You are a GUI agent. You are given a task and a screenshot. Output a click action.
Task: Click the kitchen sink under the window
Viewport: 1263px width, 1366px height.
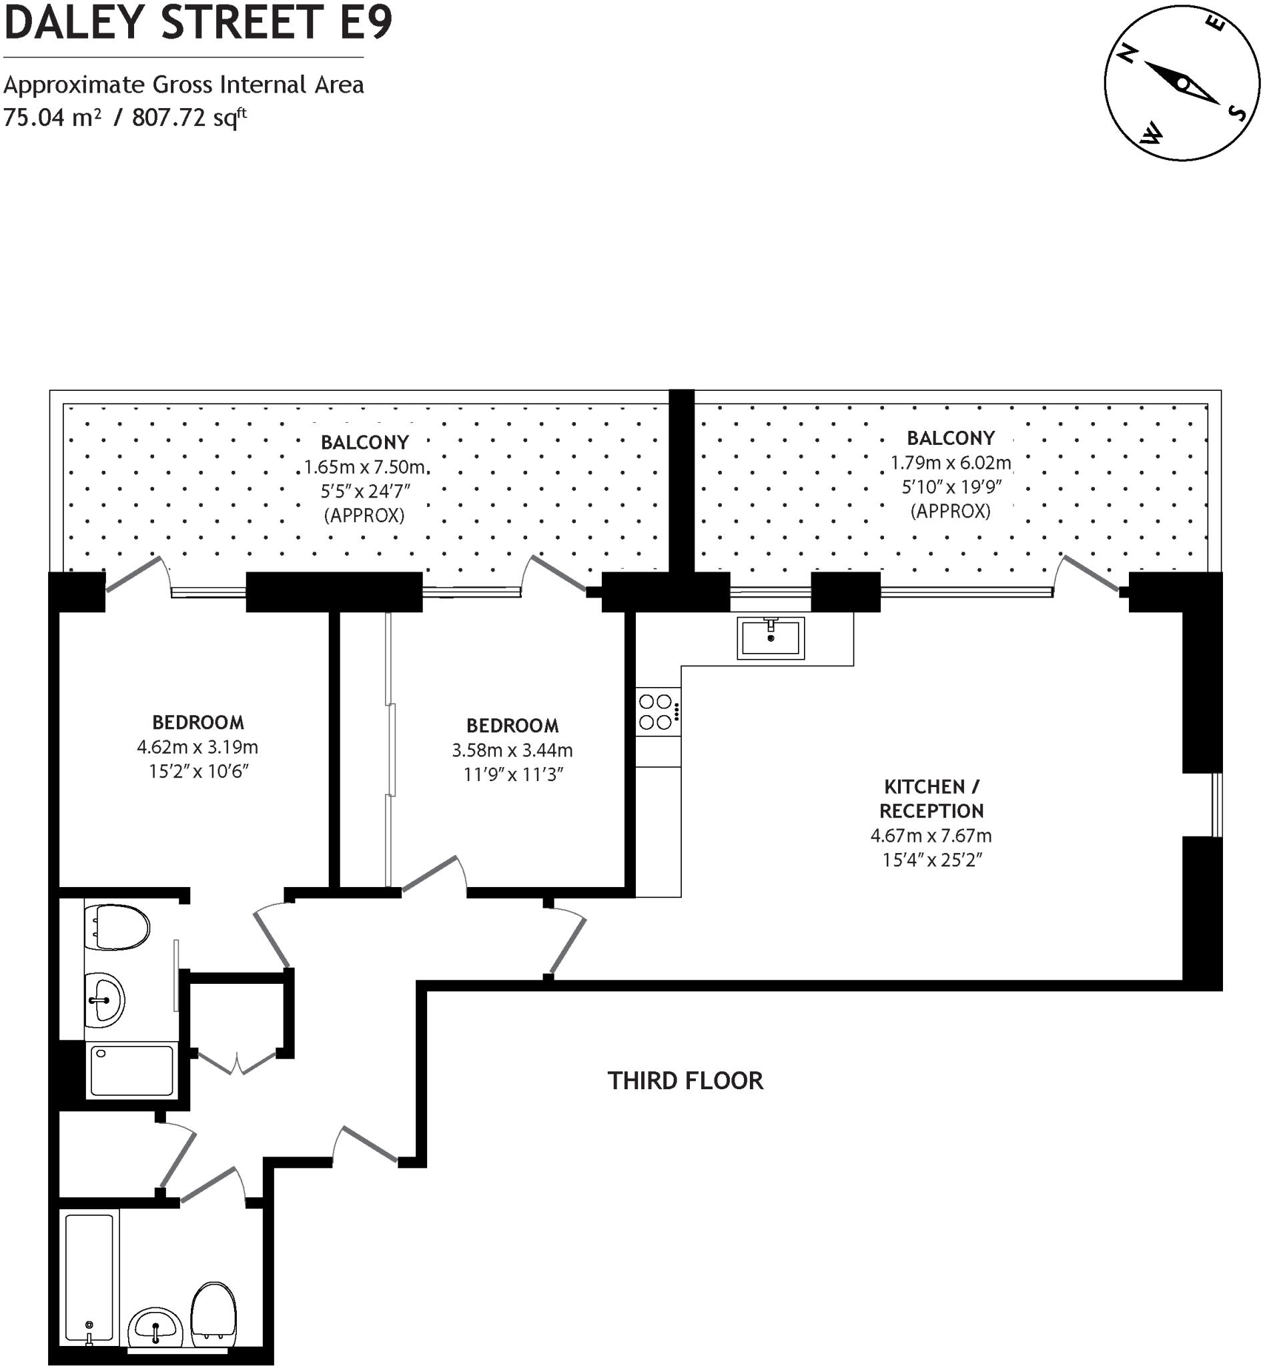tap(770, 638)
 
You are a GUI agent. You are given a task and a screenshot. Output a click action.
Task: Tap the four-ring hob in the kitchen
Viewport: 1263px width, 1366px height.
tap(656, 712)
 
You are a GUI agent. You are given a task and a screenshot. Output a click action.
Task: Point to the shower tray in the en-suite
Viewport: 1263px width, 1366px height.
tap(131, 1071)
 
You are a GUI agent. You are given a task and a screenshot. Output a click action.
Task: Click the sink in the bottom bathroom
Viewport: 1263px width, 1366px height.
tap(157, 1328)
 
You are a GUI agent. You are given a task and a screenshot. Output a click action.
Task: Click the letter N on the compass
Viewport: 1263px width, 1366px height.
tap(1126, 54)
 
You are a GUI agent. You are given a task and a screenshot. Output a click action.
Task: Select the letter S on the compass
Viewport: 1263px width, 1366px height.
tap(1236, 111)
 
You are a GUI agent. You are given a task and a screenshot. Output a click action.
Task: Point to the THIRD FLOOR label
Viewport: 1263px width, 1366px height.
tap(685, 1081)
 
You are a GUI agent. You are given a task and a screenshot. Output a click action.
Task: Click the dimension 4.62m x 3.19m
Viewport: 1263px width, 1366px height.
tap(197, 747)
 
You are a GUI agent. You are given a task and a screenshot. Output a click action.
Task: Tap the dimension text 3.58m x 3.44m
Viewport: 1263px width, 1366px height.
tap(512, 750)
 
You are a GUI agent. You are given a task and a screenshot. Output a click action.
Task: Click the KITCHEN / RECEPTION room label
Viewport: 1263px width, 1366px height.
tap(931, 799)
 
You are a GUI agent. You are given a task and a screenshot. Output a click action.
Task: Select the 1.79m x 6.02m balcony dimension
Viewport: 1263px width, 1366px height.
tap(950, 463)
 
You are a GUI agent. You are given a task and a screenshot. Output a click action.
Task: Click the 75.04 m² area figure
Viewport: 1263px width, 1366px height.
tap(52, 117)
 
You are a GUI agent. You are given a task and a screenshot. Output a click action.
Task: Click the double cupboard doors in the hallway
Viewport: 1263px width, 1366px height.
tap(236, 1063)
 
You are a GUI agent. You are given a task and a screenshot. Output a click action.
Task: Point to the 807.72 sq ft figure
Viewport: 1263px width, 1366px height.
tap(189, 117)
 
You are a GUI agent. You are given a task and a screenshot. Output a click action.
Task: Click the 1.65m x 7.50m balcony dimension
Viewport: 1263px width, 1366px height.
tap(364, 468)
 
